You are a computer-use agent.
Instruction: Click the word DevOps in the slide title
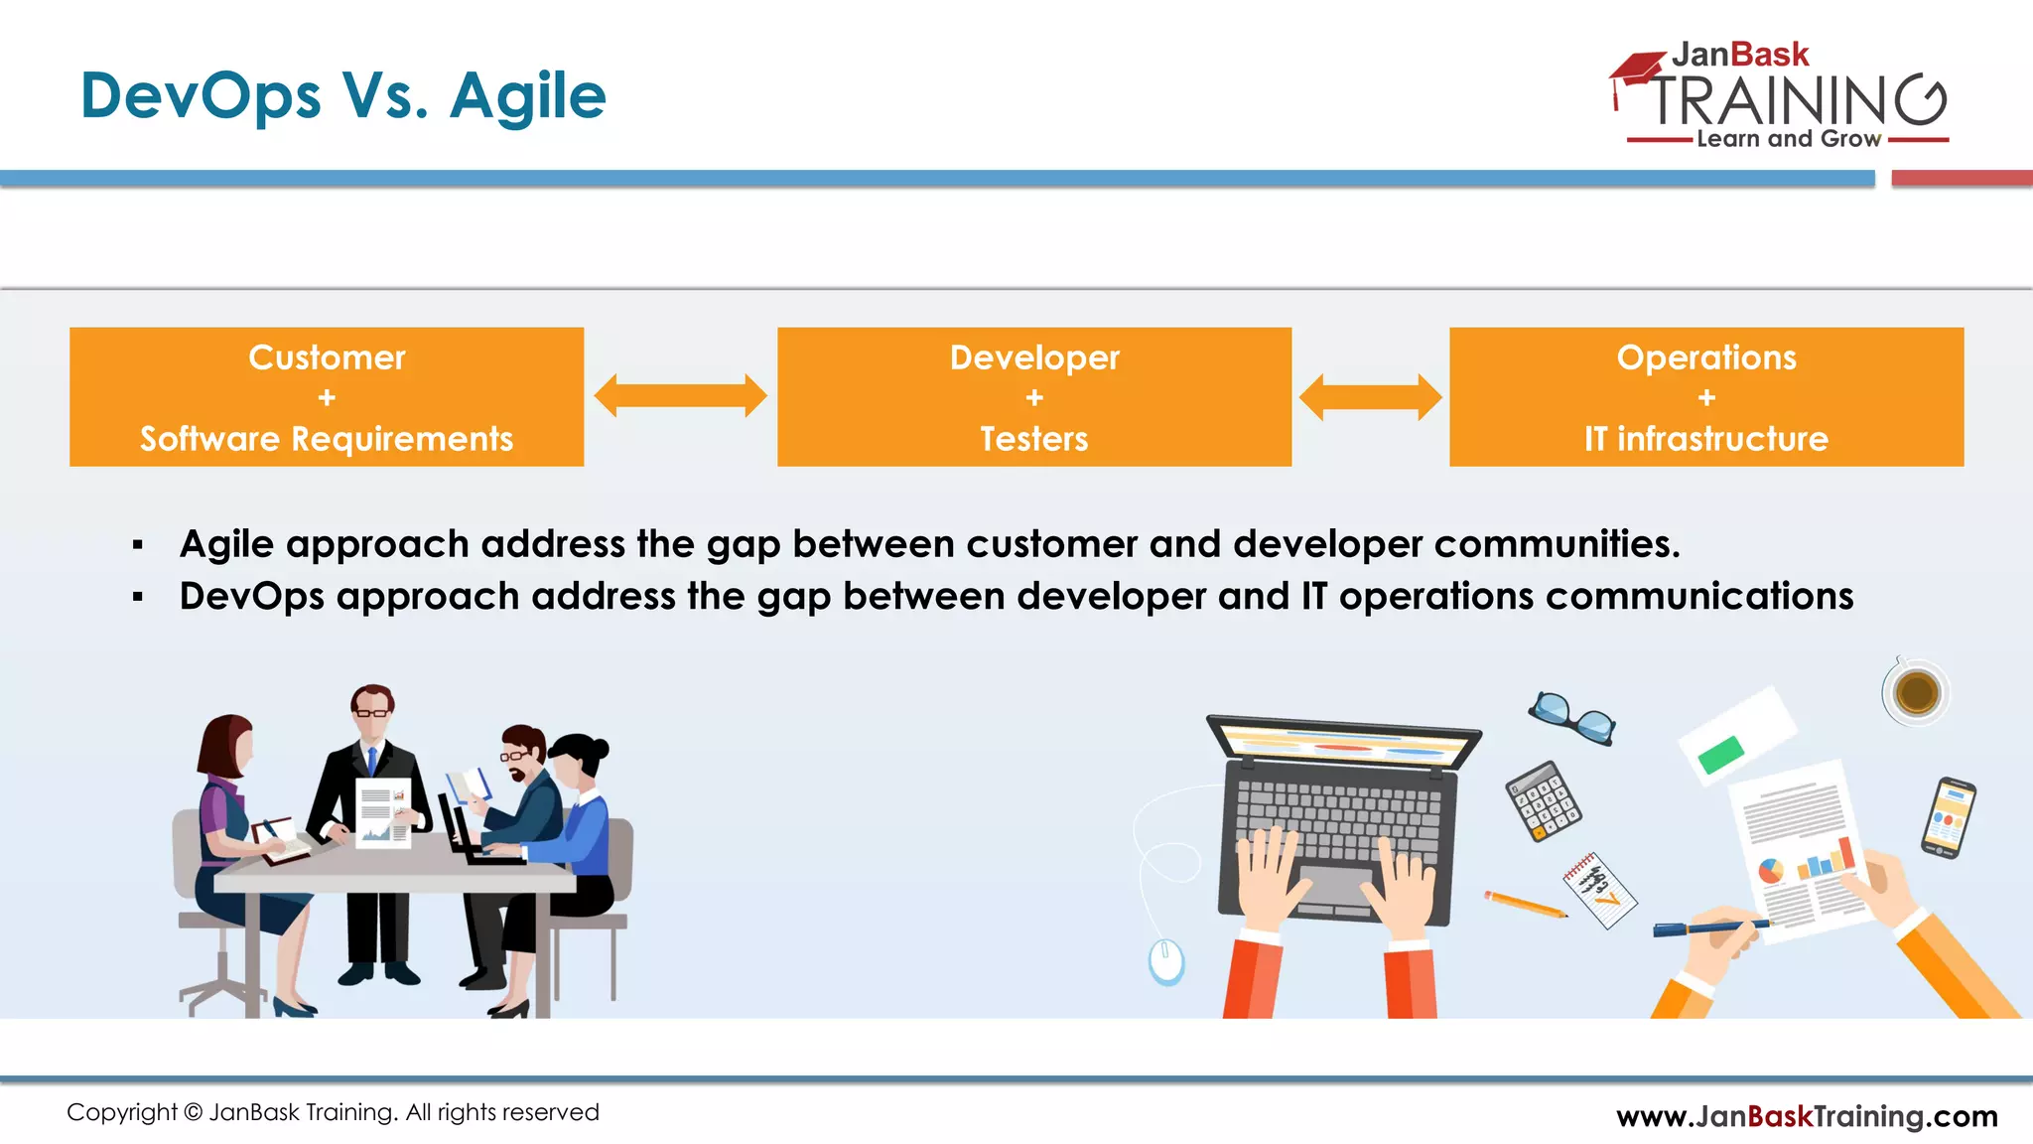coord(201,96)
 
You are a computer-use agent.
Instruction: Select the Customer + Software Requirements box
coord(327,397)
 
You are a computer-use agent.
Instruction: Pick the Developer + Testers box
coord(1034,397)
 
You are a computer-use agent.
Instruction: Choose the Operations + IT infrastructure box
coord(1706,397)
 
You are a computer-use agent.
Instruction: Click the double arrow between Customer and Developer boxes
coord(680,396)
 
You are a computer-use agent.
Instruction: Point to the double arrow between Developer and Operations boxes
coord(1371,397)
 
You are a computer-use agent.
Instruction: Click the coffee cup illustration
coord(1916,692)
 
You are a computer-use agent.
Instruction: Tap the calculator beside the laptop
coord(1543,800)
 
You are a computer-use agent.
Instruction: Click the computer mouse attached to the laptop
coord(1166,960)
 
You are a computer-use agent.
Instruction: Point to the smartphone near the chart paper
coord(1949,817)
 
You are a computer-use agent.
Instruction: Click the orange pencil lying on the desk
coord(1526,905)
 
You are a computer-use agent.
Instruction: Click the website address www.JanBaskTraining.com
coord(1807,1116)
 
